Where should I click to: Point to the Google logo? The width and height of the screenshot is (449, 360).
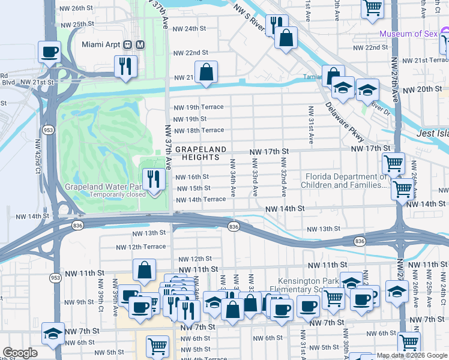(20, 353)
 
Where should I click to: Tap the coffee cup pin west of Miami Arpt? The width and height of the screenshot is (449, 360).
(50, 52)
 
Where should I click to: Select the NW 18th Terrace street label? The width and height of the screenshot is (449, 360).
(199, 130)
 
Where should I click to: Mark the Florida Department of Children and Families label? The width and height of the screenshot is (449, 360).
(346, 181)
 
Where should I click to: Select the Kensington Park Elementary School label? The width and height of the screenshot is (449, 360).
(312, 285)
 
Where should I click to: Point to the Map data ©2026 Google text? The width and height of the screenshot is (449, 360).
(411, 356)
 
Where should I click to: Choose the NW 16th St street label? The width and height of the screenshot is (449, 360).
(191, 177)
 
